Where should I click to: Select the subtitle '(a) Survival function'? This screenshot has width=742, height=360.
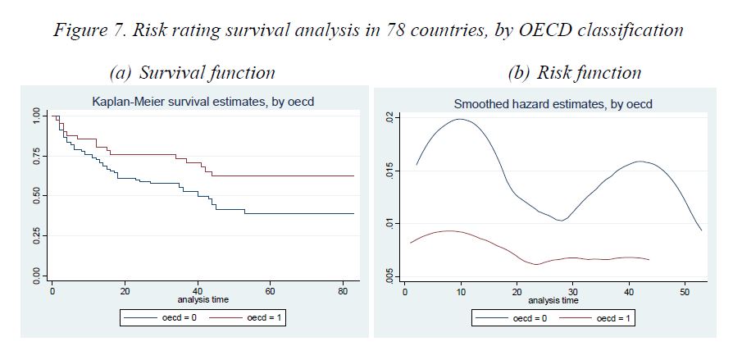pyautogui.click(x=193, y=72)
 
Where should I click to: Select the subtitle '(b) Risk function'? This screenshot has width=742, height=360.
pyautogui.click(x=574, y=72)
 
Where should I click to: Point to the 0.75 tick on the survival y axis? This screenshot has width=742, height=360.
pyautogui.click(x=35, y=156)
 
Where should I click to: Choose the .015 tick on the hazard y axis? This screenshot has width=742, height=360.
pyautogui.click(x=389, y=171)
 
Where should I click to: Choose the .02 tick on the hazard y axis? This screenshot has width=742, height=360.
pyautogui.click(x=389, y=118)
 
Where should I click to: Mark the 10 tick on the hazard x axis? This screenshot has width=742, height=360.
pyautogui.click(x=462, y=290)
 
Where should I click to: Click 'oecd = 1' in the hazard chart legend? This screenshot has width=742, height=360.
pyautogui.click(x=617, y=317)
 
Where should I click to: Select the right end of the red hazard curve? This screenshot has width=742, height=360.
pyautogui.click(x=649, y=260)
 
